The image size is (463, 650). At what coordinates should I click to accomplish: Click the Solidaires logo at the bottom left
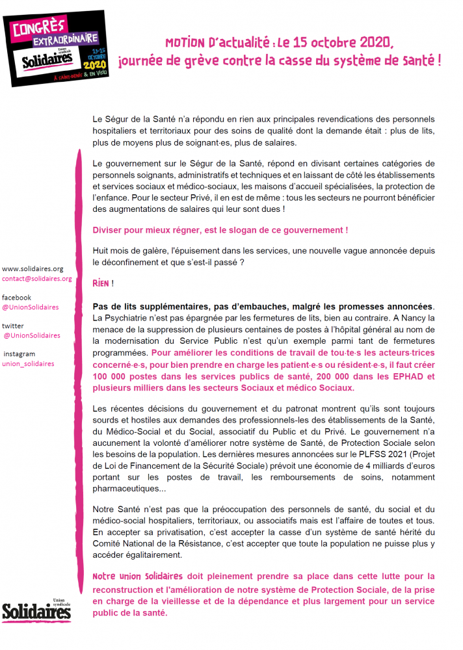coord(36,610)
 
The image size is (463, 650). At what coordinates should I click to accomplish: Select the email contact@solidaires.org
coord(36,279)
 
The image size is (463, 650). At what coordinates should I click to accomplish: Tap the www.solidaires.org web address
coord(33,268)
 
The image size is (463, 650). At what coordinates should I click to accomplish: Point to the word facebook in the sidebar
coord(18,297)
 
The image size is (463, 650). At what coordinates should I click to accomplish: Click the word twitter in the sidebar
coord(14,326)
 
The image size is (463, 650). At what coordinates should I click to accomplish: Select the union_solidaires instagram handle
coord(29,364)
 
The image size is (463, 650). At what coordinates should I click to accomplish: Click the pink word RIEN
coord(101,284)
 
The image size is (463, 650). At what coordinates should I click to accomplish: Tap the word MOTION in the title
coord(185,44)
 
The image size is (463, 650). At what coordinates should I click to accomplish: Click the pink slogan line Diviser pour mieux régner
coord(220,231)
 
